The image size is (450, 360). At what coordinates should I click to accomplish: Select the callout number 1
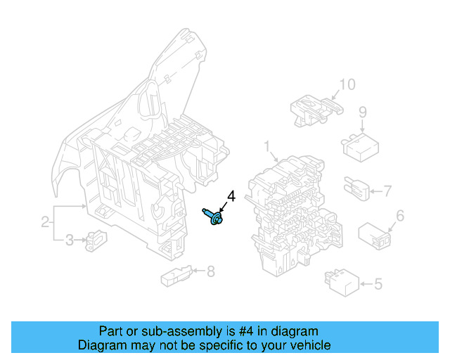(x=267, y=146)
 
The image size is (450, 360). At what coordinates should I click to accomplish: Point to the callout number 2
(x=45, y=223)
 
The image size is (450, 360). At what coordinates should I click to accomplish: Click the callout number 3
(x=69, y=241)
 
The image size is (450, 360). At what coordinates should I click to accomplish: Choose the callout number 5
(x=378, y=284)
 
